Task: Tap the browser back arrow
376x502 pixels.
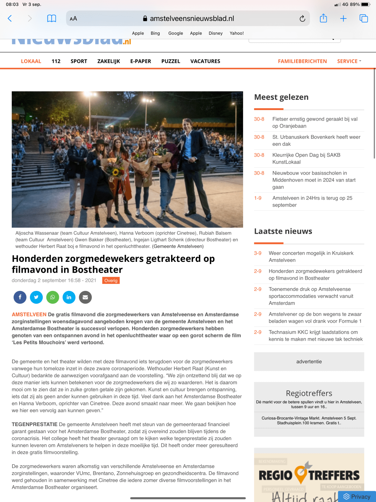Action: click(10, 18)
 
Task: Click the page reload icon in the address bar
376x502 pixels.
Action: click(302, 18)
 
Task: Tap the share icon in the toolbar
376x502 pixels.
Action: click(323, 18)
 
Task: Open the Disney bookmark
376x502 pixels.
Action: click(215, 33)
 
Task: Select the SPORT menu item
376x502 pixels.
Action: click(79, 61)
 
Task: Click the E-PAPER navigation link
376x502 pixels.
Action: click(141, 61)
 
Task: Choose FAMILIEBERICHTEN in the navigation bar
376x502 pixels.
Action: click(302, 61)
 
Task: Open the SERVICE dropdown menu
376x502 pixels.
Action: click(349, 61)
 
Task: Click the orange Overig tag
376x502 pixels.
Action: click(111, 280)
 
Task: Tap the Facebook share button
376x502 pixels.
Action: click(20, 297)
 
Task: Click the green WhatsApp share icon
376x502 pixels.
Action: click(53, 297)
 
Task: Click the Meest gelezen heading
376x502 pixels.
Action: click(281, 97)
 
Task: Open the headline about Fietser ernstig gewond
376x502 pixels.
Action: click(315, 122)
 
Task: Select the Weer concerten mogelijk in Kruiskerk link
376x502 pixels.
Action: click(311, 256)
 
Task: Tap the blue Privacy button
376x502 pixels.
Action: click(357, 497)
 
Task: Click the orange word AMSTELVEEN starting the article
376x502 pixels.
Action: click(29, 314)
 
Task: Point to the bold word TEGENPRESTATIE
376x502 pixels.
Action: click(34, 424)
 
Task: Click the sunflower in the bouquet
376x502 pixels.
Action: click(115, 173)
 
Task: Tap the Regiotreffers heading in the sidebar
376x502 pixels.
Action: click(309, 393)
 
